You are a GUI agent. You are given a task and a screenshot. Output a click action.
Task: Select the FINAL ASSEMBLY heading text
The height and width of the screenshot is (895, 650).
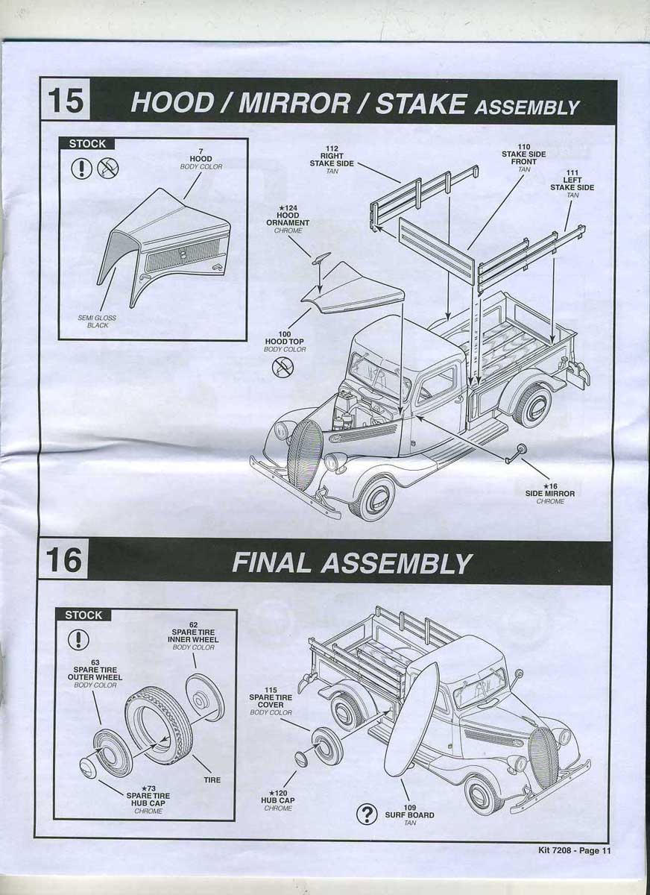click(351, 562)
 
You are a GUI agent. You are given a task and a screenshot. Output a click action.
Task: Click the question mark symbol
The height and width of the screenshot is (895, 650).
click(366, 814)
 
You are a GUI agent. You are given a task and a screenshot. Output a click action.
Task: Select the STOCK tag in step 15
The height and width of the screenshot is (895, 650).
click(87, 144)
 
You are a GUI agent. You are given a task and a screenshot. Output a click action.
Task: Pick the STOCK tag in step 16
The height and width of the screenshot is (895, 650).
click(83, 615)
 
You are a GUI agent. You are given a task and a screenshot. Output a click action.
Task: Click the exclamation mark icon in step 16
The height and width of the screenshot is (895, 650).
click(78, 639)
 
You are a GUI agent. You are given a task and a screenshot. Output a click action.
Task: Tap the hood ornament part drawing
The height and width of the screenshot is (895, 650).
click(321, 259)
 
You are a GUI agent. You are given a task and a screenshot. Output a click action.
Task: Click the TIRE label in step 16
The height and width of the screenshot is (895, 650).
click(212, 779)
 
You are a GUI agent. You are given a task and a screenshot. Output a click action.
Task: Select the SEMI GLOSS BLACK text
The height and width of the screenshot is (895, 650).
click(97, 321)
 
